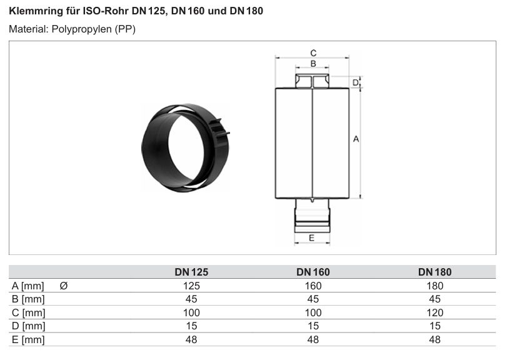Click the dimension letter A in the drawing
[x=356, y=139]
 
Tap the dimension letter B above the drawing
[x=313, y=64]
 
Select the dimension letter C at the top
[x=313, y=53]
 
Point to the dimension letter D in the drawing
[x=355, y=82]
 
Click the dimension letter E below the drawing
[x=312, y=238]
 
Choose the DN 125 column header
[x=191, y=272]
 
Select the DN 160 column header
[x=313, y=272]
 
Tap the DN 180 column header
[x=435, y=272]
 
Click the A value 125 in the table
[x=191, y=286]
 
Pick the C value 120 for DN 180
[x=435, y=313]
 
